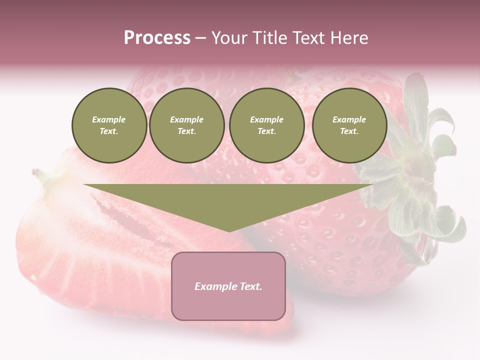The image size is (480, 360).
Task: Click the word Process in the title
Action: [x=157, y=38]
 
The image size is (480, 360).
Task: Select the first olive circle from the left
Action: [x=109, y=125]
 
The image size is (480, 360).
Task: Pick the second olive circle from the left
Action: [x=187, y=125]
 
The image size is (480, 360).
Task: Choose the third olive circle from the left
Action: [x=266, y=125]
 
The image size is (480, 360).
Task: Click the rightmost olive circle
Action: [x=349, y=125]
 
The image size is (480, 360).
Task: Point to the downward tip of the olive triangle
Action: [x=229, y=231]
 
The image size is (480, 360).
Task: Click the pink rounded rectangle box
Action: [x=228, y=305]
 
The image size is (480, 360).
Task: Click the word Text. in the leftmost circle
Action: [x=109, y=131]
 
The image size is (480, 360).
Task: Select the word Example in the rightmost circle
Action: [x=349, y=119]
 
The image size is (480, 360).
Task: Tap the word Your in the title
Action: [x=228, y=38]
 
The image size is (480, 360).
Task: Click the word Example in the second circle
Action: [x=186, y=119]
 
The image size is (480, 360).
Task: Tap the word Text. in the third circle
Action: [x=266, y=131]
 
